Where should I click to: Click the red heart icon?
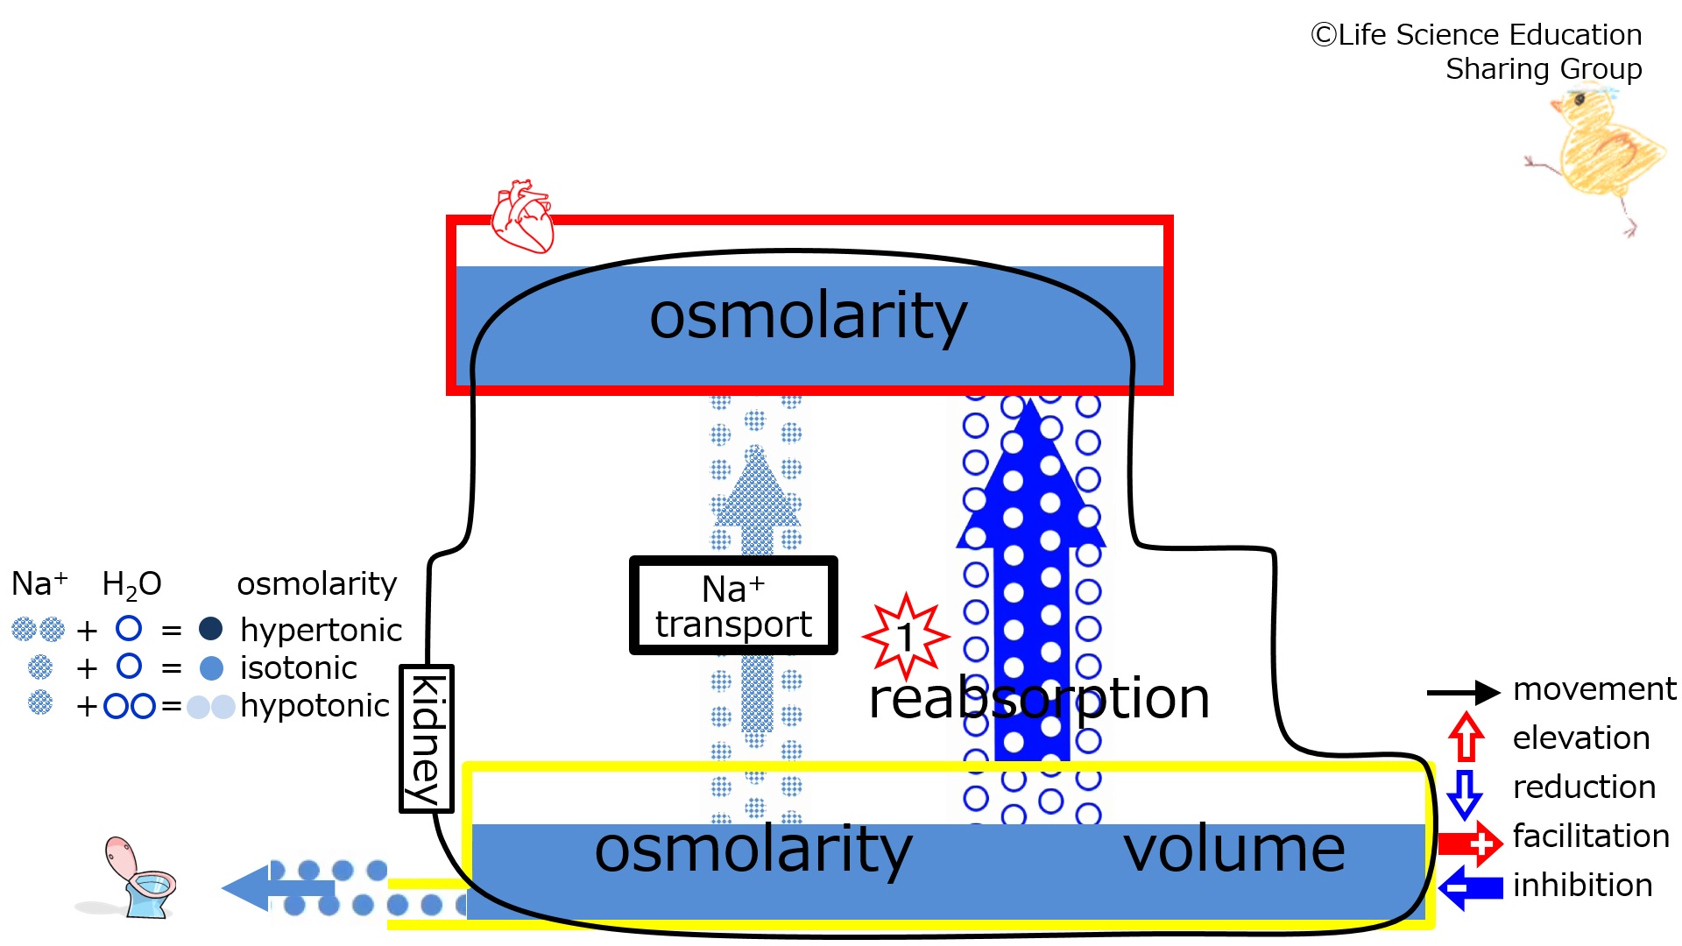click(523, 216)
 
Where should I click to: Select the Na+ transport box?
click(733, 605)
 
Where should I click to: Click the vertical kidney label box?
click(426, 738)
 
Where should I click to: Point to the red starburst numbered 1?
click(906, 636)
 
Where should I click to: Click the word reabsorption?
click(1039, 699)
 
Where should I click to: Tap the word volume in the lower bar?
click(1233, 850)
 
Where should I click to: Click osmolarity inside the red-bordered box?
click(808, 316)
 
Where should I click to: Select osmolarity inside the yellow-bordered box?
click(753, 850)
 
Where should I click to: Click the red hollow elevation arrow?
click(1466, 737)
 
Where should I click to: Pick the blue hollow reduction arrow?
click(1464, 793)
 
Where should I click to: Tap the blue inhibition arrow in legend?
click(1471, 888)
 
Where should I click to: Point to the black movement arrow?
click(1463, 692)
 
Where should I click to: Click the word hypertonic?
click(321, 630)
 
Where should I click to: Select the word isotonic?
click(298, 668)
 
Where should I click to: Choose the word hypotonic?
click(314, 706)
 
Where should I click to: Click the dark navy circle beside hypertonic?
click(210, 628)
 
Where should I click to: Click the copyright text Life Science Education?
click(1476, 35)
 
